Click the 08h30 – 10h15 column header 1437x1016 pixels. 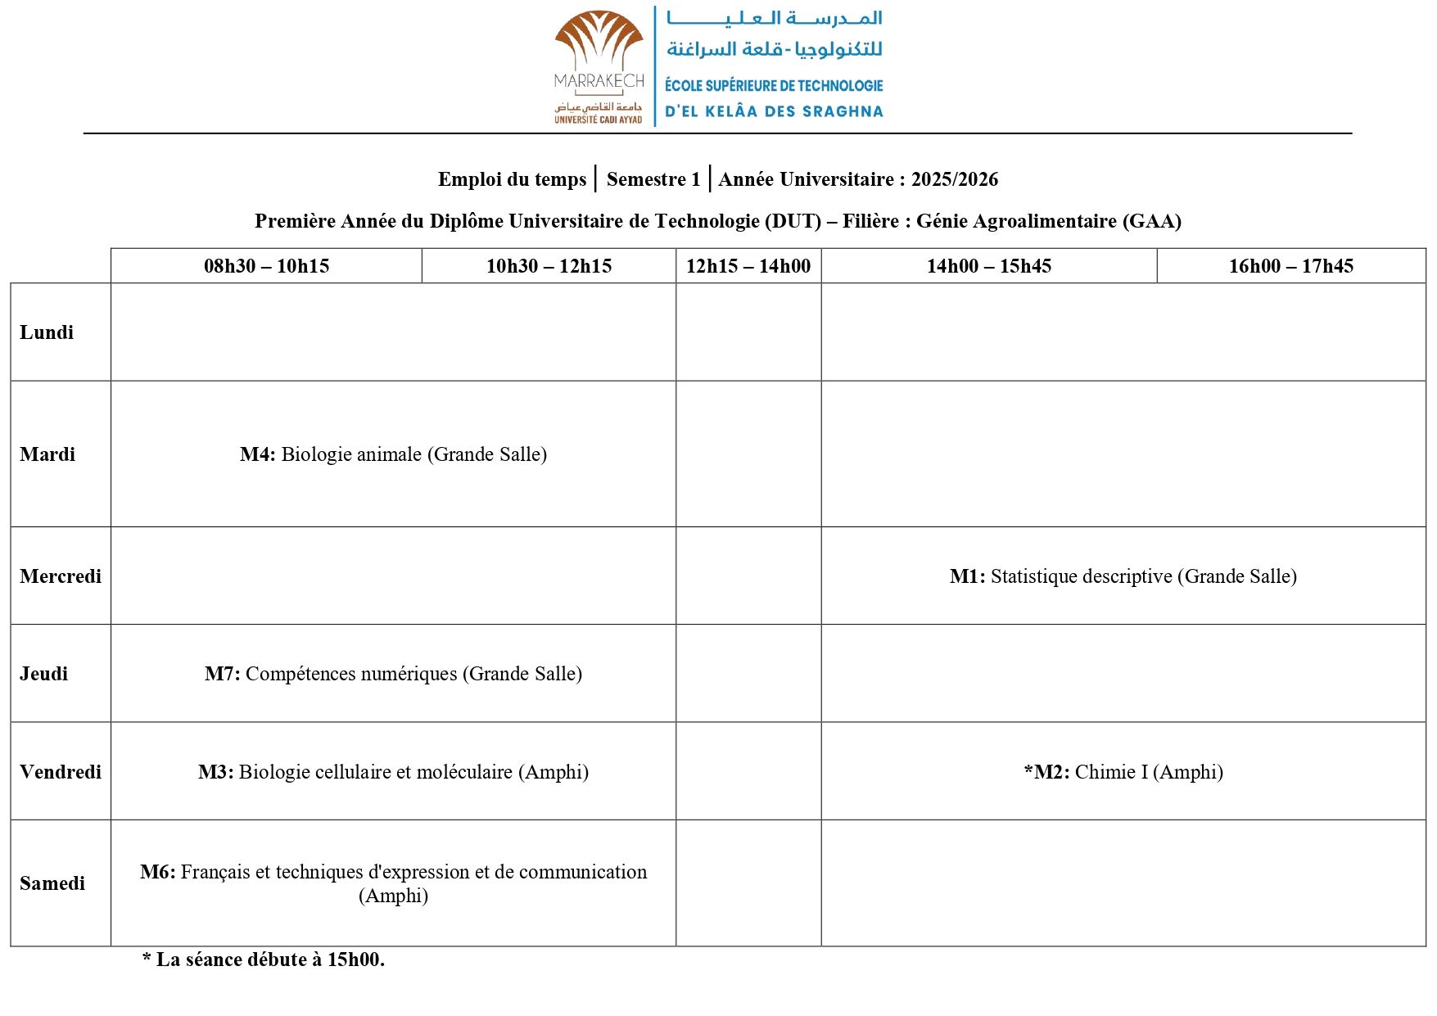pos(266,266)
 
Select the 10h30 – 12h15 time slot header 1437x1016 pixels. pos(549,266)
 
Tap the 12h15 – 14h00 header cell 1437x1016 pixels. pos(748,266)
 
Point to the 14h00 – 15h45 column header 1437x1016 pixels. pos(988,266)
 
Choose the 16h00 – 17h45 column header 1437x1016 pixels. pos(1290,266)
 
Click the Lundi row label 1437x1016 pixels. pos(47,332)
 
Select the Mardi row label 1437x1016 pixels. pos(47,454)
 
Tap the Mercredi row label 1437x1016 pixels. pos(61,576)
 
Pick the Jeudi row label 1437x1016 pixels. pos(44,674)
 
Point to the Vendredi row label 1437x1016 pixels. pos(61,772)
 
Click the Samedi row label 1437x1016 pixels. pos(52,883)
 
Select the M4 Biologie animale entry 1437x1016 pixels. pos(393,454)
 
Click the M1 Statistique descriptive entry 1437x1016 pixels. pos(1123,576)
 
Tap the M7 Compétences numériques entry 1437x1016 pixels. pos(393,674)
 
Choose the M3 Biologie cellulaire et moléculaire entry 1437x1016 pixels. pos(393,772)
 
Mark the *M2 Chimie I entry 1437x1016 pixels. pos(1123,772)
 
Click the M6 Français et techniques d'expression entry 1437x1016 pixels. pos(393,883)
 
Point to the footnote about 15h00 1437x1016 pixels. pos(263,960)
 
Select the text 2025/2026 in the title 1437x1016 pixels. pos(955,179)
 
